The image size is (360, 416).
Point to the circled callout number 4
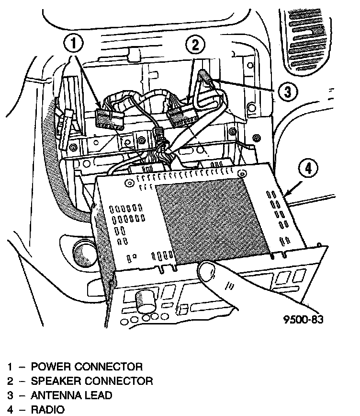(x=308, y=168)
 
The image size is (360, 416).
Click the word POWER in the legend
(x=49, y=367)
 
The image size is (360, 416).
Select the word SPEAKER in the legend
(x=55, y=381)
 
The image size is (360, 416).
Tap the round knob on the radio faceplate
(x=145, y=301)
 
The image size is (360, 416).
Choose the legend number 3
(x=10, y=396)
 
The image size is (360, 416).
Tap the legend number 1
(x=10, y=367)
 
